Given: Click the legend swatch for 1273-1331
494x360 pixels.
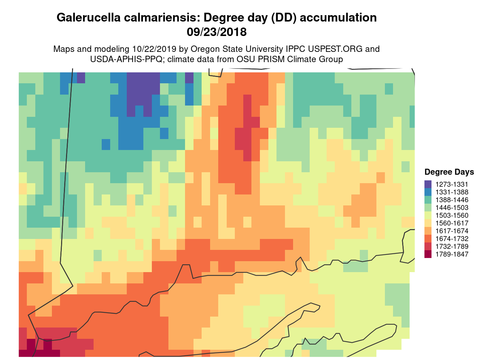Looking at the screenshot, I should [428, 184].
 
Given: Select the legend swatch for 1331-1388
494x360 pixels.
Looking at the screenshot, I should [428, 192].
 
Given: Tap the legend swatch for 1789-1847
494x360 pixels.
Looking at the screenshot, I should [428, 254].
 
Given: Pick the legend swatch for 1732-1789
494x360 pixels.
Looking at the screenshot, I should [428, 246].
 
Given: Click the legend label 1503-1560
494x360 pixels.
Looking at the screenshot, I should [452, 215].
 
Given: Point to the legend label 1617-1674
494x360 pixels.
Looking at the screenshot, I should [452, 231].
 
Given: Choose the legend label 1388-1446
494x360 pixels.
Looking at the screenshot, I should [452, 200].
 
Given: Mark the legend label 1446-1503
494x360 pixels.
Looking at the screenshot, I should [452, 208].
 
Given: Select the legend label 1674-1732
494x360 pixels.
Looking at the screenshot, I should [452, 239].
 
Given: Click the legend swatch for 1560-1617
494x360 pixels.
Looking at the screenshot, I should [428, 223].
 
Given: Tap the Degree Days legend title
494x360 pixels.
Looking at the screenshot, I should [449, 172].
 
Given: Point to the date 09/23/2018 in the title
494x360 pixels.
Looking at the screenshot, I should [216, 32].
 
